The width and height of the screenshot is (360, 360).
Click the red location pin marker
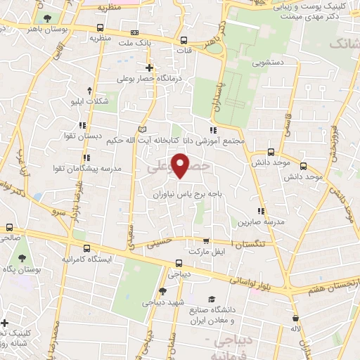pyautogui.click(x=181, y=167)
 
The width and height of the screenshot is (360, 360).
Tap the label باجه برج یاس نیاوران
pyautogui.click(x=180, y=191)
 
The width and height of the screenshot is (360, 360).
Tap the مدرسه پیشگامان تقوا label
pyautogui.click(x=82, y=169)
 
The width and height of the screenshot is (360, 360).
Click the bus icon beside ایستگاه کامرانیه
pyautogui.click(x=86, y=248)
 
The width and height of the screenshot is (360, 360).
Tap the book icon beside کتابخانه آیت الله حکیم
pyautogui.click(x=143, y=130)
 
